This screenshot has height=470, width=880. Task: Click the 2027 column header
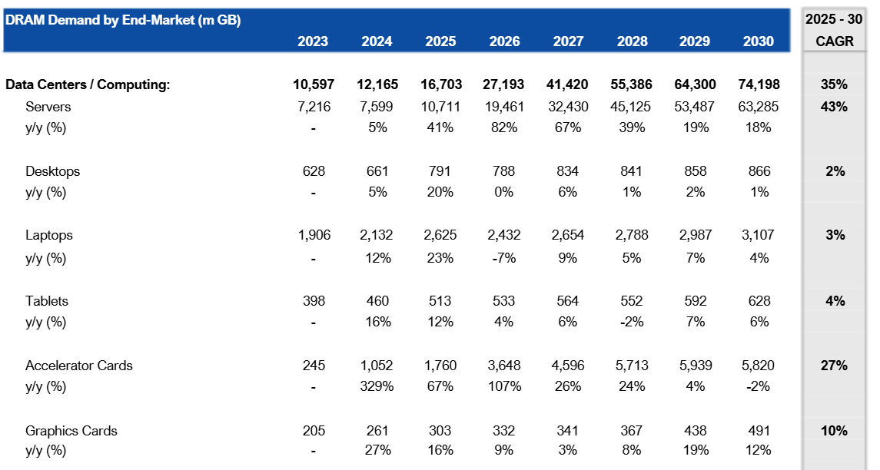click(568, 41)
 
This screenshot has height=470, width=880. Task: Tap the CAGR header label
click(835, 41)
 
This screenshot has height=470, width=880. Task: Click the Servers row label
click(48, 107)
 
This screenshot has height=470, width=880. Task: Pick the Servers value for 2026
click(504, 107)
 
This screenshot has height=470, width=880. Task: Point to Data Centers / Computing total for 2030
click(759, 84)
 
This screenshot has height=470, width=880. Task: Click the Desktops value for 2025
click(440, 171)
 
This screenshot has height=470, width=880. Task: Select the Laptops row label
click(49, 235)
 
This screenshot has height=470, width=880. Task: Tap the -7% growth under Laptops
click(504, 258)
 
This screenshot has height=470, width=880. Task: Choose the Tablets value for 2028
click(632, 301)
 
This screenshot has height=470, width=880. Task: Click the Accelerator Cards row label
click(79, 366)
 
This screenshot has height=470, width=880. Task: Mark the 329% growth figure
click(377, 386)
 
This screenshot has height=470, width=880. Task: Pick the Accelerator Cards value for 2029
click(696, 366)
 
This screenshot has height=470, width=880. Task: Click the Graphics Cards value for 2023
click(314, 431)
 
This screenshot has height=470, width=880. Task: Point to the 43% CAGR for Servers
click(834, 107)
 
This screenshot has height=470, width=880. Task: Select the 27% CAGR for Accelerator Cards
click(834, 366)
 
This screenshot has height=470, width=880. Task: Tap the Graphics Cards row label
click(71, 431)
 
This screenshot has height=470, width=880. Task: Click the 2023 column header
click(313, 41)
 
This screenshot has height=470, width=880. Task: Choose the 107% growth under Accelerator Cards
click(504, 386)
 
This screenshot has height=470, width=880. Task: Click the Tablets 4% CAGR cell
click(835, 301)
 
